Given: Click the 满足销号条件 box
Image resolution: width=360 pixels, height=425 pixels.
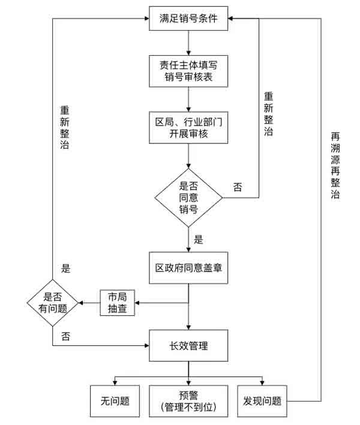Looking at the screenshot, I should tap(188, 19).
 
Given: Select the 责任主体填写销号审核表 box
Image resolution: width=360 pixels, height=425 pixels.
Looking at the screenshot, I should tap(188, 71).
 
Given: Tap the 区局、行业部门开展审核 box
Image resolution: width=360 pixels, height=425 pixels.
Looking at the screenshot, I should tap(188, 128).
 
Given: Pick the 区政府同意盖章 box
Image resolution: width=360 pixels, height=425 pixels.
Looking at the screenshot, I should tap(188, 268).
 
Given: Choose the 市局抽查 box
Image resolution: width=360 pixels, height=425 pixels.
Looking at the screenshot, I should tap(117, 303).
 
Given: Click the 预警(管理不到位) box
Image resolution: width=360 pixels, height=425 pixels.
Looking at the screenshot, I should tap(188, 400).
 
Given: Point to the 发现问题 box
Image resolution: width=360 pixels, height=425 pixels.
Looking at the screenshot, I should tap(262, 400).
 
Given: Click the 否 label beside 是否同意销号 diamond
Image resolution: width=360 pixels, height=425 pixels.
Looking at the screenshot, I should tap(238, 187).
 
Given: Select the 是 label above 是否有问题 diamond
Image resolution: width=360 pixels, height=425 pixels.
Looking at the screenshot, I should tap(66, 268).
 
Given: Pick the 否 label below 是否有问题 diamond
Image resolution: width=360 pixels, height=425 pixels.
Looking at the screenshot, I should tap(66, 336).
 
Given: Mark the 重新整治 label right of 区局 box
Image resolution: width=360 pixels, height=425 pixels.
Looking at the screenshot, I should tap(268, 114).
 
